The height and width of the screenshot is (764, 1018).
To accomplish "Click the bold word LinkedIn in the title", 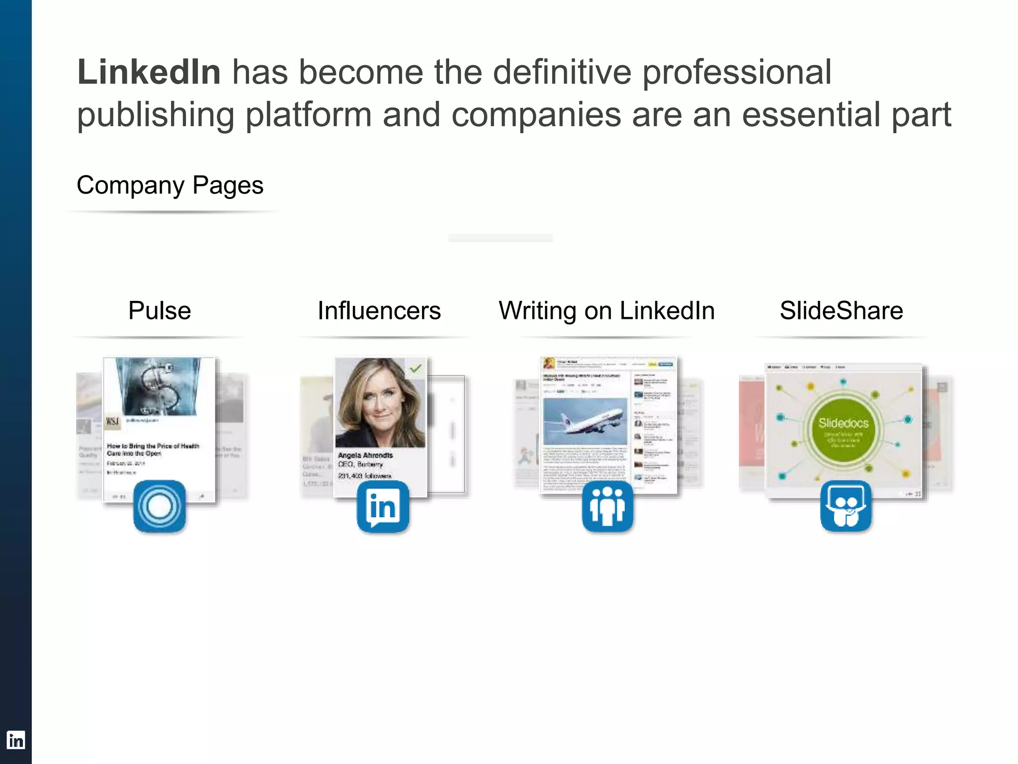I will click(149, 73).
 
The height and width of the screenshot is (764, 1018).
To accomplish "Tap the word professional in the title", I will click(737, 73).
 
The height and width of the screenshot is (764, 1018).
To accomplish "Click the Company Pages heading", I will click(170, 186).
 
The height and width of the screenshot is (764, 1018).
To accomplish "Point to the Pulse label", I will click(160, 311).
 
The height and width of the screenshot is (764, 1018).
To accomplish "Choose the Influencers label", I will click(379, 311).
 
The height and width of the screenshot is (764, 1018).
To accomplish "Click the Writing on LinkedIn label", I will click(606, 311).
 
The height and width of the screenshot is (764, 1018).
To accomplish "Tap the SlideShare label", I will click(841, 311).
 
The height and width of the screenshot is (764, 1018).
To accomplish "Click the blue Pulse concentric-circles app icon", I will click(160, 506).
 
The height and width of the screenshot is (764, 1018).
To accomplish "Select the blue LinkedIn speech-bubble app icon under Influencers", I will click(383, 506).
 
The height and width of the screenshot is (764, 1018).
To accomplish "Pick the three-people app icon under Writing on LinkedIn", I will click(607, 506).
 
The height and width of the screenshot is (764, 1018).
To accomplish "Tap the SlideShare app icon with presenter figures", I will click(846, 506).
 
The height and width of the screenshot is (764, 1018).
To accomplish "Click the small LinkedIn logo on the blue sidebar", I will click(15, 740).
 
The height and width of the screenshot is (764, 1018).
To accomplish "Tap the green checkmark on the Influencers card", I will click(416, 369).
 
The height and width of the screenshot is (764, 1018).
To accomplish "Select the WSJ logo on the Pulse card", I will click(113, 422).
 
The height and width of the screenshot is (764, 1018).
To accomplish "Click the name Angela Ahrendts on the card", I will click(365, 455).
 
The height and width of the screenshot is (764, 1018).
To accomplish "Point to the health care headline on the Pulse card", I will click(153, 450).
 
